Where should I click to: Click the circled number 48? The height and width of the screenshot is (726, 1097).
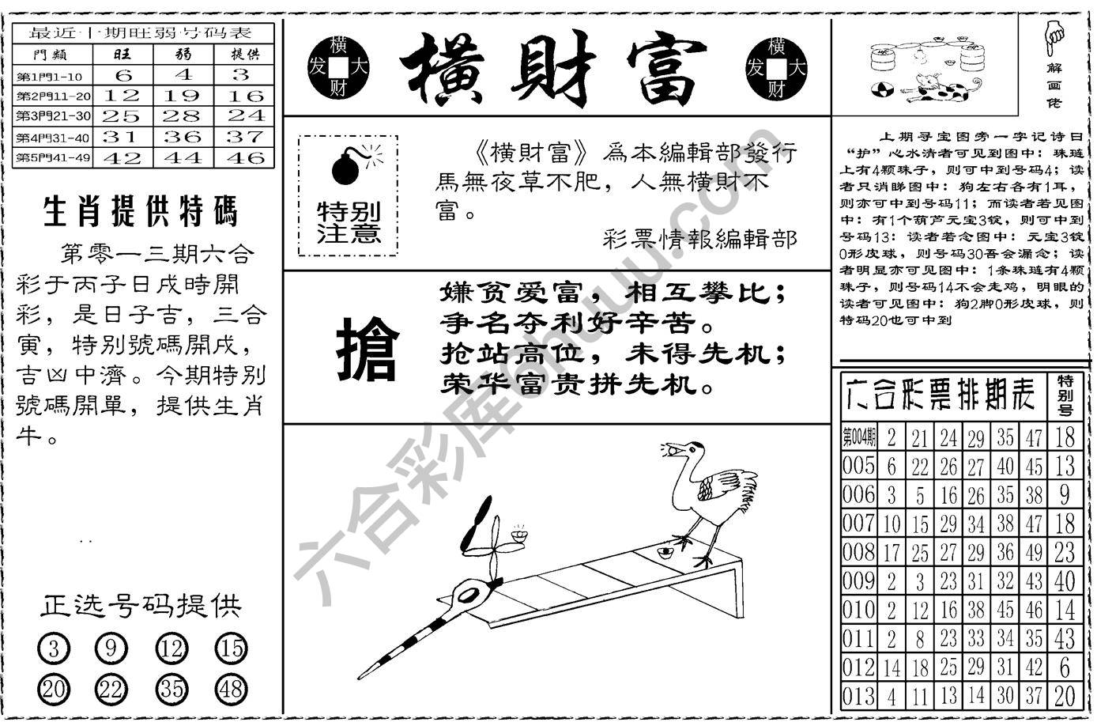[x=231, y=690]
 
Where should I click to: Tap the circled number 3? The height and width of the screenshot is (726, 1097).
[x=54, y=650]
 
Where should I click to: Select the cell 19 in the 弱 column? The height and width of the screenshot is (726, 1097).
[x=183, y=96]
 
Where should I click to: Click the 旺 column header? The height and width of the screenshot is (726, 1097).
[x=123, y=54]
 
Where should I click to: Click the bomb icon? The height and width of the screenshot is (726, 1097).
[x=346, y=164]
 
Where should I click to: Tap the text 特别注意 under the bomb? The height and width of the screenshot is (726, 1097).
[x=349, y=223]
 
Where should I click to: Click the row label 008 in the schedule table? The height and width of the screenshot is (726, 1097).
[x=858, y=552]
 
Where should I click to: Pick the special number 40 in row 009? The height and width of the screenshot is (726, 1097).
[x=1065, y=581]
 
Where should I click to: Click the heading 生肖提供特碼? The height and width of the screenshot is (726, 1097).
[x=141, y=213]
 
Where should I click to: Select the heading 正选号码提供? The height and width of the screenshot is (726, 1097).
[x=141, y=606]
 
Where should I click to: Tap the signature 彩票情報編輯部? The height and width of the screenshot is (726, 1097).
[x=699, y=239]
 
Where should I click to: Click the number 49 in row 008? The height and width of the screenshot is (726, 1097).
[x=1034, y=552]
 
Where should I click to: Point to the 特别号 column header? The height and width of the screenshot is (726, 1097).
[x=1065, y=395]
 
